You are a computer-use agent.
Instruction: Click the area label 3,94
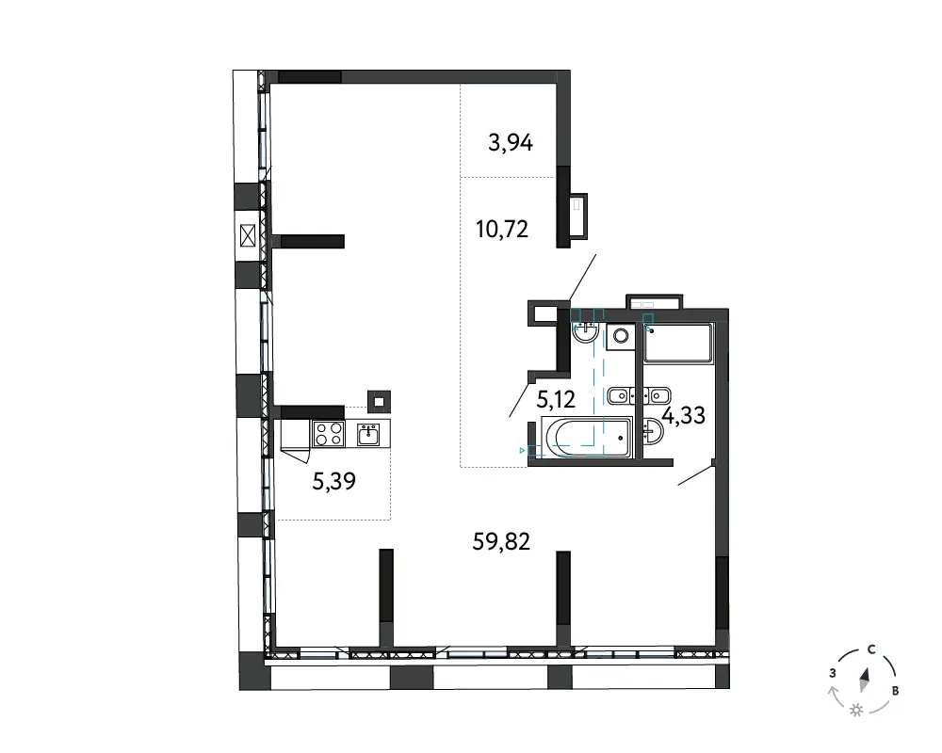coord(510,143)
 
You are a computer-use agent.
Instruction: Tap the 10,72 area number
coord(502,229)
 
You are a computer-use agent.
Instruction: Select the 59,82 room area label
coord(501,541)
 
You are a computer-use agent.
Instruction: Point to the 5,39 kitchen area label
coord(334,480)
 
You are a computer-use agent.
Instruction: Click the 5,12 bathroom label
coord(556,398)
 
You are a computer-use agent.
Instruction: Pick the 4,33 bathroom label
coord(683,415)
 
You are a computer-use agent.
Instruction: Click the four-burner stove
coord(328,434)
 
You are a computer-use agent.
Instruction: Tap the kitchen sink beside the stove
coord(367,434)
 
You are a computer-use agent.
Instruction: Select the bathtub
coord(586,437)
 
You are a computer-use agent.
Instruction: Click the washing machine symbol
coord(621,336)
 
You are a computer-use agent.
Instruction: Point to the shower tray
coord(678,344)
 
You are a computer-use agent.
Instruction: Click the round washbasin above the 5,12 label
coord(585,331)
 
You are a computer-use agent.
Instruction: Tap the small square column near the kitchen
coord(379,402)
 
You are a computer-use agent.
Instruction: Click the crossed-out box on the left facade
coord(248,235)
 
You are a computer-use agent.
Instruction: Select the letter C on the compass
coord(871,649)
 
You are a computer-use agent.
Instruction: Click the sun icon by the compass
coord(856,711)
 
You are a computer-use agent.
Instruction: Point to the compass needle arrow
coord(865,680)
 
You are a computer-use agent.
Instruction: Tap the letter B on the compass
coord(895,691)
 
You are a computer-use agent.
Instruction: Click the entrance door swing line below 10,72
coord(583,277)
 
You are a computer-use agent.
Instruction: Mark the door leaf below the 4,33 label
coord(695,474)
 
